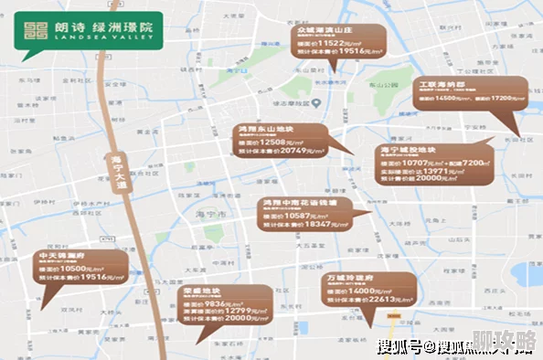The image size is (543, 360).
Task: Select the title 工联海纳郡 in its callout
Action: tap(442, 84)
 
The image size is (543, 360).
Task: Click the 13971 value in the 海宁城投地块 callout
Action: tap(436, 171)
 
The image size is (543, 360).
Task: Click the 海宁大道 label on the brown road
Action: tap(117, 172)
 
